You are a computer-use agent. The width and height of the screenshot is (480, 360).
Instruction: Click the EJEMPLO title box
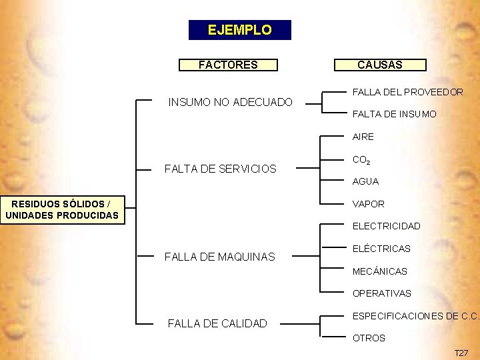(x=240, y=30)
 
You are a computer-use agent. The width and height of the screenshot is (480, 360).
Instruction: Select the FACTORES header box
(x=228, y=65)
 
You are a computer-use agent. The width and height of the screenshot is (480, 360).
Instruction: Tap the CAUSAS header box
(x=379, y=65)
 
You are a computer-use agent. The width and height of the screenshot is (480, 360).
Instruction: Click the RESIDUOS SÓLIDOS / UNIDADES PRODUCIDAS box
(x=63, y=209)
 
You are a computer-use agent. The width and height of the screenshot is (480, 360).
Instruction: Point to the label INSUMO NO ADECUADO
(x=230, y=102)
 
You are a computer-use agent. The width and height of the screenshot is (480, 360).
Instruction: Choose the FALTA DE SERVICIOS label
(x=220, y=169)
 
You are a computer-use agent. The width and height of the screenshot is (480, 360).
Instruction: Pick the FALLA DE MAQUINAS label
(x=219, y=257)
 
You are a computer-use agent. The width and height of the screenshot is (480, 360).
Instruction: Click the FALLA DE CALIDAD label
(x=217, y=324)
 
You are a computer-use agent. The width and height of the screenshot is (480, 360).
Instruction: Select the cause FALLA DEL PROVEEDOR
(x=407, y=92)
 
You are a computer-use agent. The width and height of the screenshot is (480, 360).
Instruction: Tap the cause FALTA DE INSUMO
(x=394, y=114)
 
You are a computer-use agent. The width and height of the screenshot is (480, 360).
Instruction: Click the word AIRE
(x=363, y=137)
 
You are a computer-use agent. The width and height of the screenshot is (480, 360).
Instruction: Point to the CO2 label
(x=361, y=160)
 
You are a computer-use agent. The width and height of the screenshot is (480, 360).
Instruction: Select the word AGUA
(x=365, y=181)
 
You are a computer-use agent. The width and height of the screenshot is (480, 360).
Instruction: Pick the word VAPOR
(x=368, y=204)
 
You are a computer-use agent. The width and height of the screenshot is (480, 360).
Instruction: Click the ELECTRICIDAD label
(x=386, y=226)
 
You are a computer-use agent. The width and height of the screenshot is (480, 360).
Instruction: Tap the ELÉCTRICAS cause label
(x=381, y=249)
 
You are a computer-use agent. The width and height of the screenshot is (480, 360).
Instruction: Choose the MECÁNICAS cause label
(x=379, y=271)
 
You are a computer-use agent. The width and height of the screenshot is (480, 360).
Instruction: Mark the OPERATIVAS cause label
(x=381, y=293)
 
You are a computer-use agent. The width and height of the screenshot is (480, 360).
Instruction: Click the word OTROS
(x=369, y=338)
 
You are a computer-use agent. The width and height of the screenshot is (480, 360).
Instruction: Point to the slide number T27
(x=461, y=353)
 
